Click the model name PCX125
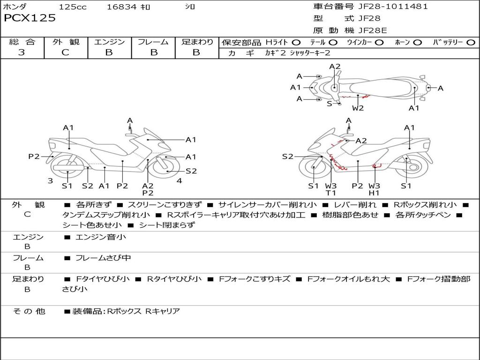pyautogui.click(x=30, y=18)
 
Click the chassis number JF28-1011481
pyautogui.click(x=393, y=7)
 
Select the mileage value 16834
pyautogui.click(x=122, y=7)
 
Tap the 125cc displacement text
pyautogui.click(x=73, y=7)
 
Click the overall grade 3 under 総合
pyautogui.click(x=22, y=52)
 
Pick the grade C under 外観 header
pyautogui.click(x=65, y=52)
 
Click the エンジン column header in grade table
pyautogui.click(x=109, y=42)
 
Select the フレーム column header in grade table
pyautogui.click(x=153, y=42)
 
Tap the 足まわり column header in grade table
pyautogui.click(x=197, y=42)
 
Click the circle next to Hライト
pyautogui.click(x=296, y=43)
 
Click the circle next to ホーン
pyautogui.click(x=418, y=43)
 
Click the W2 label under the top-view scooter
pyautogui.click(x=358, y=108)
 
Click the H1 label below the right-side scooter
pyautogui.click(x=374, y=193)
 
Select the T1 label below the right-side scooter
pyautogui.click(x=331, y=193)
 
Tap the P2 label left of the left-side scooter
pyautogui.click(x=34, y=157)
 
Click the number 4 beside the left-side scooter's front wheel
pyautogui.click(x=179, y=180)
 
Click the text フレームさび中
pyautogui.click(x=103, y=258)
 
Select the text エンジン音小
pyautogui.click(x=101, y=237)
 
